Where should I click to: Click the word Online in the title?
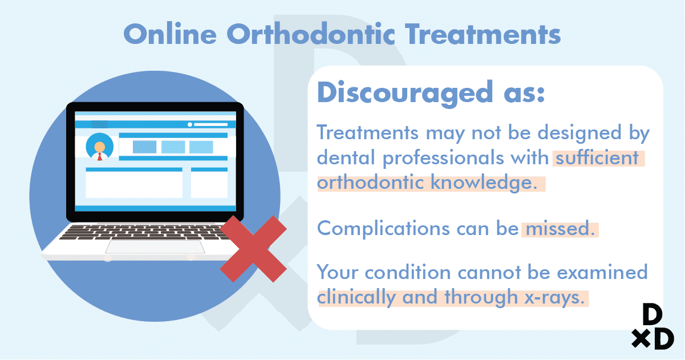coord(170,34)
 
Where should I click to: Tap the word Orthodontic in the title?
coord(311,34)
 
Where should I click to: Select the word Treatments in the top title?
coord(483,34)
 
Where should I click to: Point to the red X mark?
coord(253,249)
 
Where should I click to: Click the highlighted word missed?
coord(560,228)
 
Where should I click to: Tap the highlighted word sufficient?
coord(597,158)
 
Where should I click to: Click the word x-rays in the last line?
coord(555,297)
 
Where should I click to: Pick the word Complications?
coord(383,228)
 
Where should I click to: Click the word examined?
coord(602,272)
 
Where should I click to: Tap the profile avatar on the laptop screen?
coord(99,147)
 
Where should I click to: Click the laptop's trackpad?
coord(155,247)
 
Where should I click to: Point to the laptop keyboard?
coord(144,232)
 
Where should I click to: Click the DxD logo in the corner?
coord(652,327)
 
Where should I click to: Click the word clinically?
coord(356,297)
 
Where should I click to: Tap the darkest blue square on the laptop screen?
coord(145,147)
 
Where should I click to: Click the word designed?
coord(579,134)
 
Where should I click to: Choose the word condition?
coord(408,272)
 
